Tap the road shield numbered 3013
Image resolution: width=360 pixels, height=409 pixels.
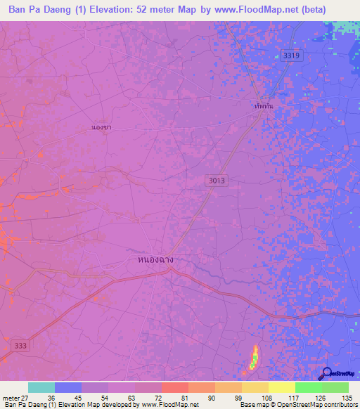[x=217, y=181]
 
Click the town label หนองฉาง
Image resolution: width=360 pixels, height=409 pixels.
[x=151, y=259]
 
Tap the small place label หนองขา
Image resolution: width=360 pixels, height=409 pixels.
[x=101, y=127]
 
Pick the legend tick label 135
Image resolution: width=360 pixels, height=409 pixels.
[x=346, y=397]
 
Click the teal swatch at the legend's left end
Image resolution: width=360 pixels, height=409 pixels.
[x=41, y=387]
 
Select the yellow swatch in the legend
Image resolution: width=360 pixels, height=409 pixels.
[x=281, y=387]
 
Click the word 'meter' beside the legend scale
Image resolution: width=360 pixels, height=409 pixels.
[x=9, y=397]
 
